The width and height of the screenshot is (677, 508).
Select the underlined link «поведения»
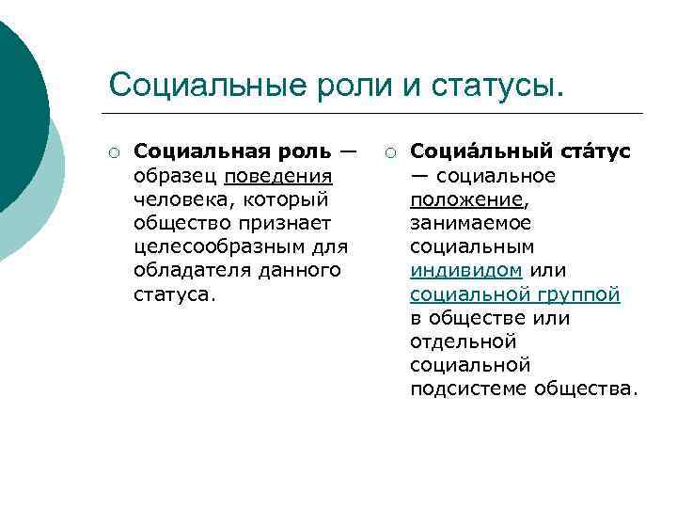click(278, 176)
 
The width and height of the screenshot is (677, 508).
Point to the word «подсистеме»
click(467, 388)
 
